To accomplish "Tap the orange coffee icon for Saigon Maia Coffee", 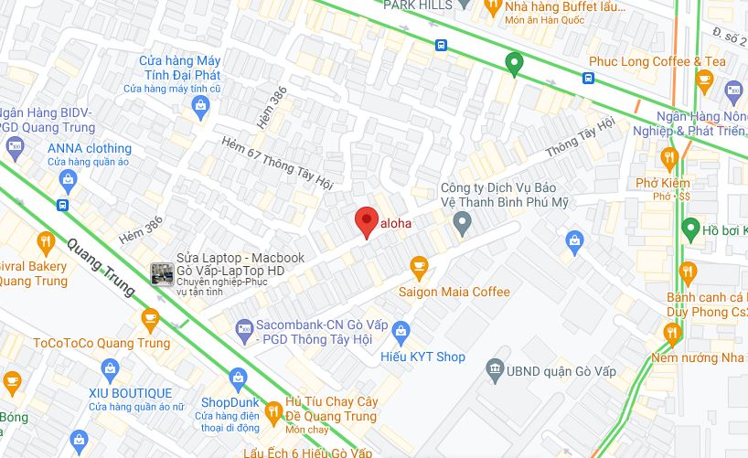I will coord(419,268).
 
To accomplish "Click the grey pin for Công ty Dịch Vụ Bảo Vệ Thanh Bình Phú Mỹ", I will coord(463,220).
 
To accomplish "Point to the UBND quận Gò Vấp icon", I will coord(495,370).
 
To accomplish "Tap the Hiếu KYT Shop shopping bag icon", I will coord(401,332).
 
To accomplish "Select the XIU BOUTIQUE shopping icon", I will coord(111,369).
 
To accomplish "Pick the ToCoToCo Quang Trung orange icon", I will coord(150,319).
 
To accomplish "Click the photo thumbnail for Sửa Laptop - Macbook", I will coord(162,272).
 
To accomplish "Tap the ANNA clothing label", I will coord(90,148).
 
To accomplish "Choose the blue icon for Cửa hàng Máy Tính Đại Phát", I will coord(199,106).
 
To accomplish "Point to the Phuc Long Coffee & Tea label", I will coord(657,61).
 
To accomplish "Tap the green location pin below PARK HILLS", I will coord(514,64).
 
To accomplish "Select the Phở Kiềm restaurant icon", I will coord(669,157).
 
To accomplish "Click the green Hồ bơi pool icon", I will coord(691,229).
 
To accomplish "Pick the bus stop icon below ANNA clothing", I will coord(62,205).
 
